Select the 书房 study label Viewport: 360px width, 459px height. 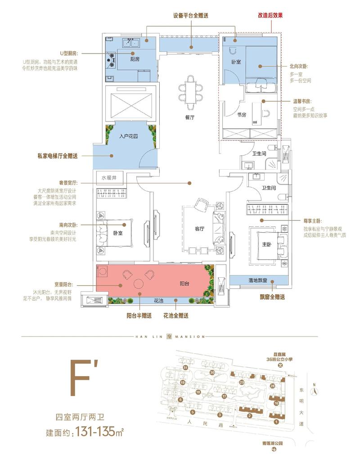click(x=242, y=115)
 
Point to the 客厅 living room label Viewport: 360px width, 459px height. click(x=200, y=229)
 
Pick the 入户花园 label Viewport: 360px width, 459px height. click(x=128, y=135)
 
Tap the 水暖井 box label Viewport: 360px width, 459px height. click(x=109, y=178)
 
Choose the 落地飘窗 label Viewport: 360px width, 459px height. click(x=258, y=280)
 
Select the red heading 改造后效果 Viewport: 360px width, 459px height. click(x=270, y=15)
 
